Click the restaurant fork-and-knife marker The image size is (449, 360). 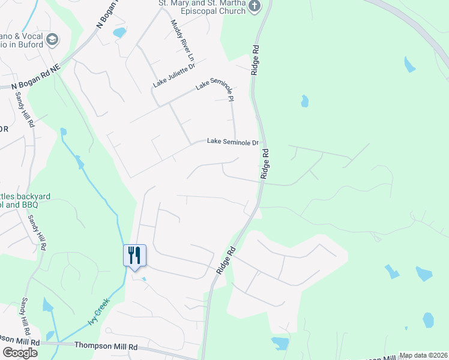(x=134, y=256)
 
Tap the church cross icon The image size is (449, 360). (x=255, y=7)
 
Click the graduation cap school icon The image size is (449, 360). (x=52, y=40)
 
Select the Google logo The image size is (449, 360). (x=20, y=352)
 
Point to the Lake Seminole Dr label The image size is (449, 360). (x=232, y=142)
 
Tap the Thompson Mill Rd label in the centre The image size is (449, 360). (x=106, y=346)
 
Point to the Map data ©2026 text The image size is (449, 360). (x=424, y=355)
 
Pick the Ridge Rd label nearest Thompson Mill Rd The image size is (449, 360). (x=226, y=259)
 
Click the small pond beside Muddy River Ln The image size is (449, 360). (x=120, y=32)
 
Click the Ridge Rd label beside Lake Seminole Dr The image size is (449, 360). (x=265, y=164)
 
